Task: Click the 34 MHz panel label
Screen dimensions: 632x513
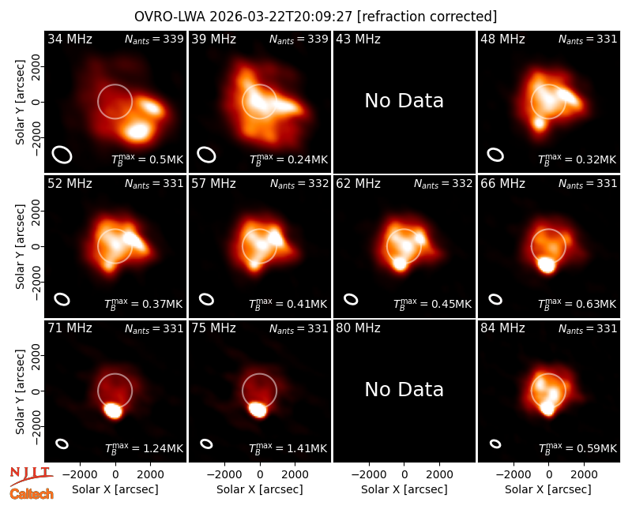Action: pyautogui.click(x=70, y=39)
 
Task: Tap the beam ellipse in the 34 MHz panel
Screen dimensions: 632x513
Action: pyautogui.click(x=62, y=155)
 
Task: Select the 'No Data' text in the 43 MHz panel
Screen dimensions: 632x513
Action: pyautogui.click(x=404, y=101)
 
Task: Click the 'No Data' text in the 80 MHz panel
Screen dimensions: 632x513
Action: pyautogui.click(x=404, y=389)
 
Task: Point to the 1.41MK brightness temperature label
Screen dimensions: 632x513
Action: pyautogui.click(x=288, y=447)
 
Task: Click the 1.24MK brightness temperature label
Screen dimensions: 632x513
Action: pyautogui.click(x=144, y=447)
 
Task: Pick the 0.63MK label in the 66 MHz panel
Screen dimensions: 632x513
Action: pyautogui.click(x=577, y=304)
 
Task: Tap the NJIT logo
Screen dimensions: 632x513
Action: pyautogui.click(x=31, y=475)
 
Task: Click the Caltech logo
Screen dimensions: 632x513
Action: pyautogui.click(x=32, y=494)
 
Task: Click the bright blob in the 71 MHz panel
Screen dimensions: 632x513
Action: pyautogui.click(x=113, y=410)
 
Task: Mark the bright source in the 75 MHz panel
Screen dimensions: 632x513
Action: pyautogui.click(x=258, y=410)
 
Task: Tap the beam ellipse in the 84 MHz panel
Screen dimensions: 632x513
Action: pyautogui.click(x=495, y=444)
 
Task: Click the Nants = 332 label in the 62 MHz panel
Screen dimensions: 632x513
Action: pyautogui.click(x=443, y=184)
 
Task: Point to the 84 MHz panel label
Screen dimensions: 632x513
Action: pyautogui.click(x=502, y=328)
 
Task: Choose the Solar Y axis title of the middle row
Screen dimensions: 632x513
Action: pyautogui.click(x=20, y=247)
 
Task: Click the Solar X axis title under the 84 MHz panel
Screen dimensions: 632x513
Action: pyautogui.click(x=548, y=489)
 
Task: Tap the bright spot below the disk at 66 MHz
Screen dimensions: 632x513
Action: pyautogui.click(x=547, y=264)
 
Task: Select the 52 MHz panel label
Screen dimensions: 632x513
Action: pyautogui.click(x=70, y=184)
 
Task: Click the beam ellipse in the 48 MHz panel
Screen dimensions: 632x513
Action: pyautogui.click(x=495, y=155)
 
